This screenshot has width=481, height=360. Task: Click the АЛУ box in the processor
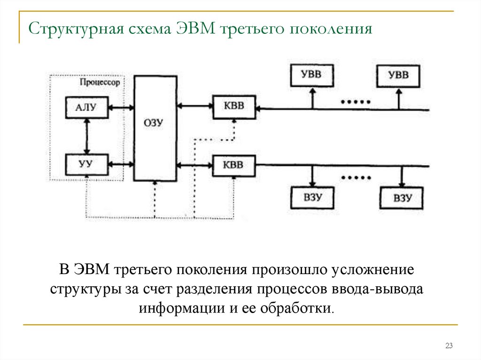86,108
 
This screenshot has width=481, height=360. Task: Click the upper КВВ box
234,106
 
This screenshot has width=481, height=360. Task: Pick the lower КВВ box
234,165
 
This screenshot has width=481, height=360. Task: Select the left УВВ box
311,76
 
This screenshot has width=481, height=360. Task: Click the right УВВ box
398,76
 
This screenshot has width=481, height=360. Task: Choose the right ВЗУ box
402,198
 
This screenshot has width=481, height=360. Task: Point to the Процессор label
100,82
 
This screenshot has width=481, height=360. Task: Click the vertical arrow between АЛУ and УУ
86,136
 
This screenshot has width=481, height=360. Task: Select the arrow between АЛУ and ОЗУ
121,108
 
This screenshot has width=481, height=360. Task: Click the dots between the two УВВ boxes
355,102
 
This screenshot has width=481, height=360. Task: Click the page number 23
449,346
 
